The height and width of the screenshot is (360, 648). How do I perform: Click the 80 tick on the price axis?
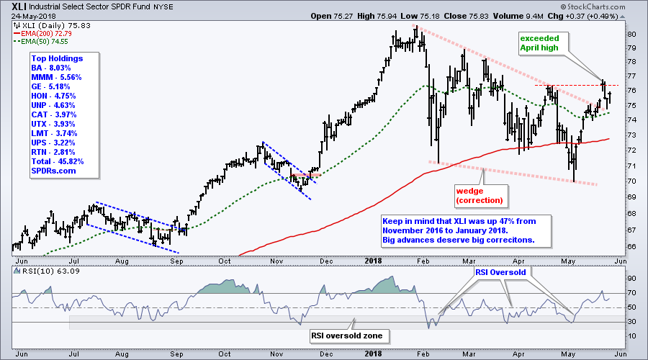tap(630, 34)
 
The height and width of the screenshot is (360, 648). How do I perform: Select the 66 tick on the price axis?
tap(630, 246)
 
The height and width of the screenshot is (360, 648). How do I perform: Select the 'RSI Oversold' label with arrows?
tap(501, 274)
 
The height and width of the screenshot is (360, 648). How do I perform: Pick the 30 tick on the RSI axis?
tap(630, 322)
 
